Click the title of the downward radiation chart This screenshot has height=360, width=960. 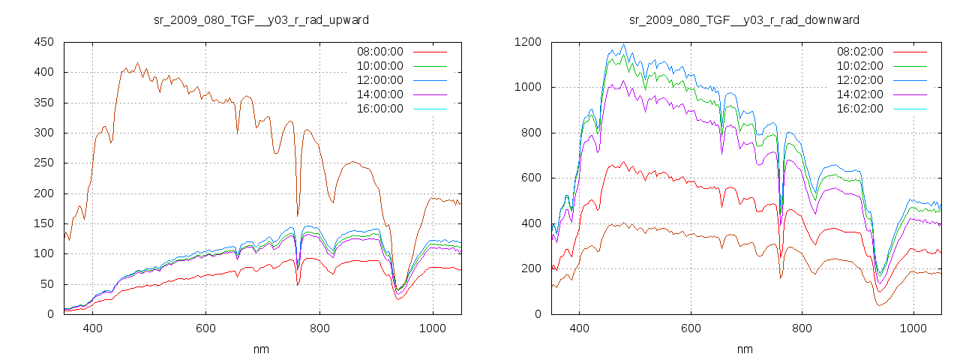744,19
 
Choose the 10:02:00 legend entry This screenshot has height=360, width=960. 859,66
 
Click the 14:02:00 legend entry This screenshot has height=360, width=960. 859,94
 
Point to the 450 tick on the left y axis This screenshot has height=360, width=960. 43,42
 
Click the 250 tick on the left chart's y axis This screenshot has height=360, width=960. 43,163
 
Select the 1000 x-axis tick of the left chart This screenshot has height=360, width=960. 432,328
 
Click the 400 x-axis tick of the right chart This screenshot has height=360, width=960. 579,328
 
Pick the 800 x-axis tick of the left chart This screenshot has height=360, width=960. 319,328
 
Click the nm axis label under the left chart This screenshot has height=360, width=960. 261,349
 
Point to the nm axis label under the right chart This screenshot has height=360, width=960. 744,349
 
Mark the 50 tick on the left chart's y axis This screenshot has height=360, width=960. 46,284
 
